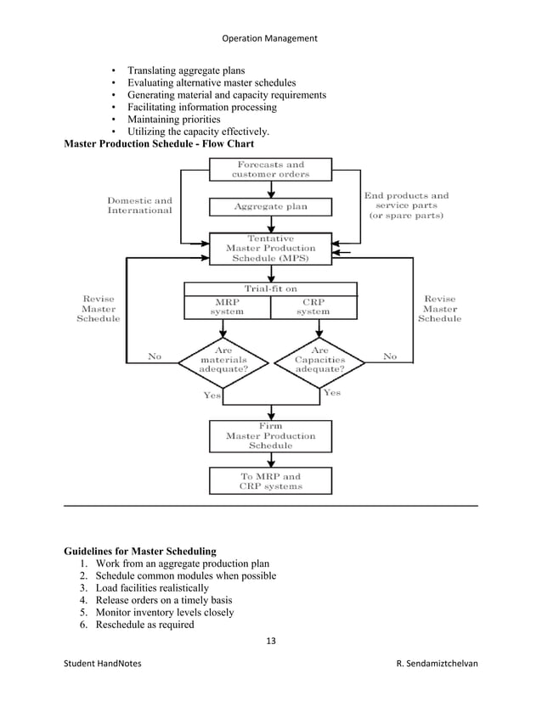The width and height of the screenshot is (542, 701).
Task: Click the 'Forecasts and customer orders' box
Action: tap(270, 169)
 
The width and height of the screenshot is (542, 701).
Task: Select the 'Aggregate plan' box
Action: tap(270, 206)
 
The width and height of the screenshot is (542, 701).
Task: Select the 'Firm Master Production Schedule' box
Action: tap(270, 435)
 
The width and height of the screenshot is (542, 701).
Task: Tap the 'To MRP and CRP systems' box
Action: tap(270, 481)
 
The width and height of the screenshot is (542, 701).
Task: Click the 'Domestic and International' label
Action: tap(139, 205)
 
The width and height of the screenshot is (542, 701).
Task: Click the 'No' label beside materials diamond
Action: tap(155, 357)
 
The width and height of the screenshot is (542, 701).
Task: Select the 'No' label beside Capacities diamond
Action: tap(389, 357)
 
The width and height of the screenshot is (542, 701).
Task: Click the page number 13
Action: tap(271, 641)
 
